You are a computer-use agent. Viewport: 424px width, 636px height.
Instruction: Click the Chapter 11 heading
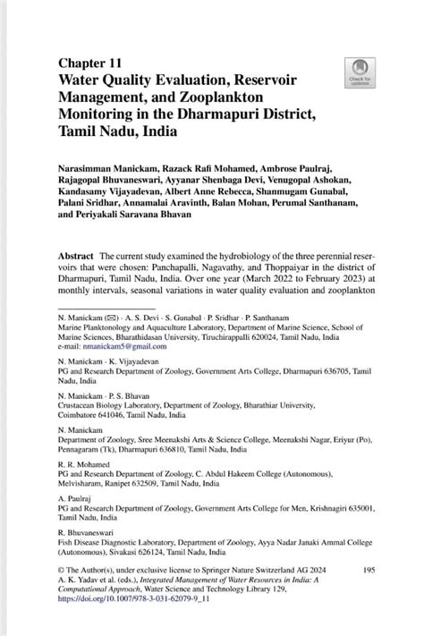click(x=90, y=63)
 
